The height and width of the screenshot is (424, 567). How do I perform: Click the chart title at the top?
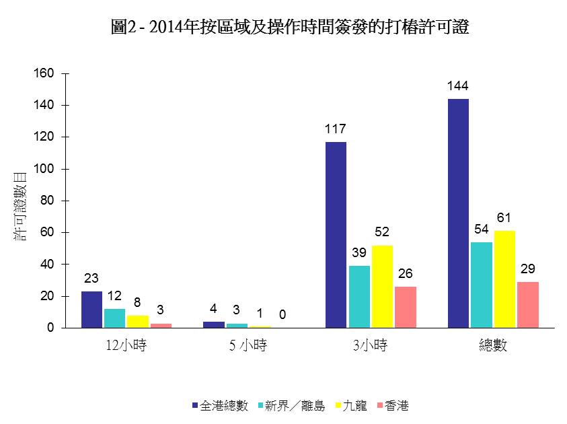coord(289,28)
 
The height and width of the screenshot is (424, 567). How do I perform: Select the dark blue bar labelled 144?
coord(458,213)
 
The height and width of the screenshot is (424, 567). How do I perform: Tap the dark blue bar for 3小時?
coord(336,235)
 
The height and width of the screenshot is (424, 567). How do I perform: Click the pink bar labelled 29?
coord(527,305)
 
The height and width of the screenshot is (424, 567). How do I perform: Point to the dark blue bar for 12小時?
coord(91,310)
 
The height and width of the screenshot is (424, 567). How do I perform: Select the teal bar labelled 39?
coord(358,297)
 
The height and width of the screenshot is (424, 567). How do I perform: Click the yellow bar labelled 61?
coord(504,279)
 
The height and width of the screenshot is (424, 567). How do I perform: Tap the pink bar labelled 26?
coord(406,307)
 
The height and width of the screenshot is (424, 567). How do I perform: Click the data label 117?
coord(336,129)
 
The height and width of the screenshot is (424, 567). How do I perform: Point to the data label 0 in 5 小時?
coord(282,314)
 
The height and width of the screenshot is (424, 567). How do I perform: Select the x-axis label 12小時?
coord(126,346)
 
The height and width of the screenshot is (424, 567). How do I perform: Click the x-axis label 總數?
coord(492,346)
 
